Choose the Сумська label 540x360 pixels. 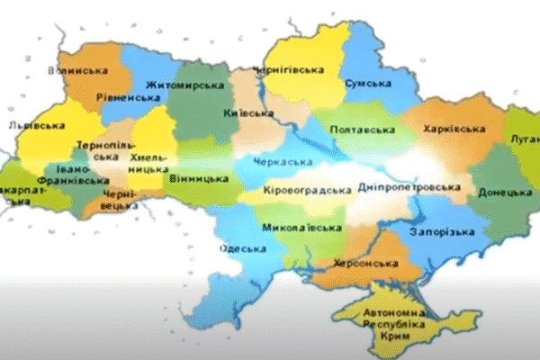[x=367, y=83]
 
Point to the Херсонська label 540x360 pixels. [x=369, y=263]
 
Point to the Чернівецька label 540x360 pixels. [x=119, y=199]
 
